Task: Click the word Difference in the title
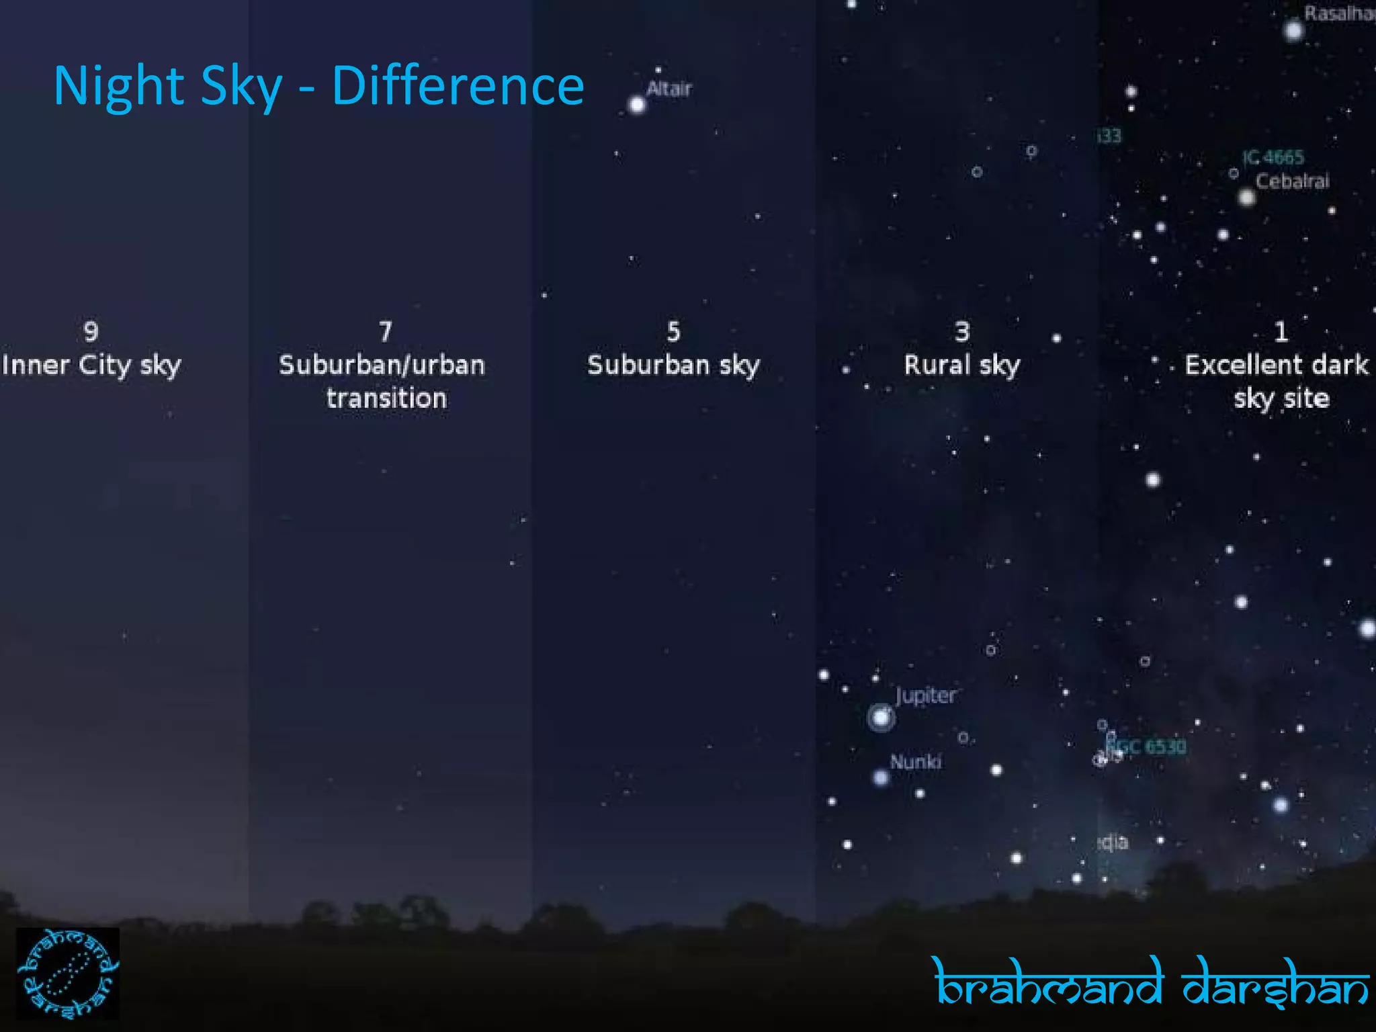(x=458, y=86)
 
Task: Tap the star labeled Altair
(x=637, y=105)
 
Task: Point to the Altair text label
(x=669, y=89)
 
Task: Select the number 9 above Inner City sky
(x=91, y=331)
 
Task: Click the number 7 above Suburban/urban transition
(x=385, y=331)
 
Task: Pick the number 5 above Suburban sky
(x=673, y=331)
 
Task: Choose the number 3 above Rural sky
(x=962, y=331)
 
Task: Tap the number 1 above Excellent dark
(x=1281, y=331)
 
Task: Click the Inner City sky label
(x=91, y=365)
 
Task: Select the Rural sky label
(x=962, y=365)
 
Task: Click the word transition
(x=386, y=399)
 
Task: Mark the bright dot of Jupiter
(x=881, y=718)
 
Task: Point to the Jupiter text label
(x=925, y=695)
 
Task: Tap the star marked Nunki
(x=881, y=778)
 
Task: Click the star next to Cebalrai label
(x=1247, y=198)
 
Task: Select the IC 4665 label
(x=1273, y=157)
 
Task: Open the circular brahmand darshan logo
(x=68, y=974)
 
